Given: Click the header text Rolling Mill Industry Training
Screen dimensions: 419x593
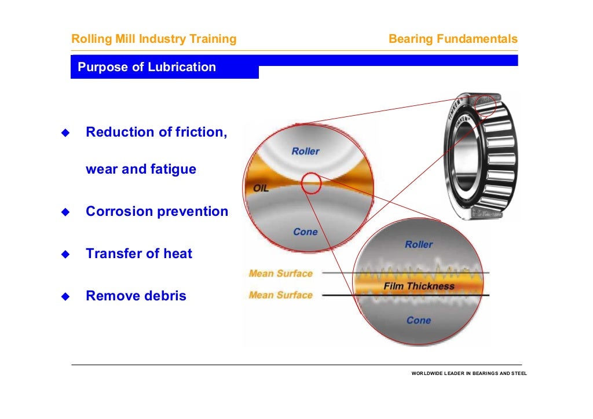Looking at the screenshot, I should click(153, 39).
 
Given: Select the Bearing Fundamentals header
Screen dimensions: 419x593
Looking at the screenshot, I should click(453, 39).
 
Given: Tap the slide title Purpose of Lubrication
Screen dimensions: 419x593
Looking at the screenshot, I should click(147, 67).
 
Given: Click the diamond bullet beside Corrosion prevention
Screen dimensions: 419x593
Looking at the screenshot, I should click(65, 212).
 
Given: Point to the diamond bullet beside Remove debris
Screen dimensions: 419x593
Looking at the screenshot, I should click(65, 296).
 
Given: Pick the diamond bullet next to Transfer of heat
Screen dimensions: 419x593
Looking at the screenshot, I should click(65, 254).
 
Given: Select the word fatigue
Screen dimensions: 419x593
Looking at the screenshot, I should click(174, 170).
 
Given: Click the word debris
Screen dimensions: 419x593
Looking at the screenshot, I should click(165, 296).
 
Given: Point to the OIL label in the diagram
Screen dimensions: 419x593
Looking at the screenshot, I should click(261, 189).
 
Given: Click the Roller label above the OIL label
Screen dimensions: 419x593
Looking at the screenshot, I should click(305, 151).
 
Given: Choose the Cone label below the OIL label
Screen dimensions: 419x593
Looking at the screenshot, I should click(305, 231).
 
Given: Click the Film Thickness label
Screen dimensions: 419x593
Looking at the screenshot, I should click(419, 286).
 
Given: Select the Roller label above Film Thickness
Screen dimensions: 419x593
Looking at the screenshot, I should click(419, 244).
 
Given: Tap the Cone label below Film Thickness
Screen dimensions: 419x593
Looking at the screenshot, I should click(419, 320).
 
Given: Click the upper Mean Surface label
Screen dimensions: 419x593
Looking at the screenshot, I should click(280, 273).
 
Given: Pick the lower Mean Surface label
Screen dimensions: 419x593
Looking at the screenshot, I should click(280, 295).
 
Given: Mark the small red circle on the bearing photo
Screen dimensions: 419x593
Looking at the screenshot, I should click(485, 106).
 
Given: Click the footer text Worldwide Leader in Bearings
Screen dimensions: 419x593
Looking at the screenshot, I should click(468, 373).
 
